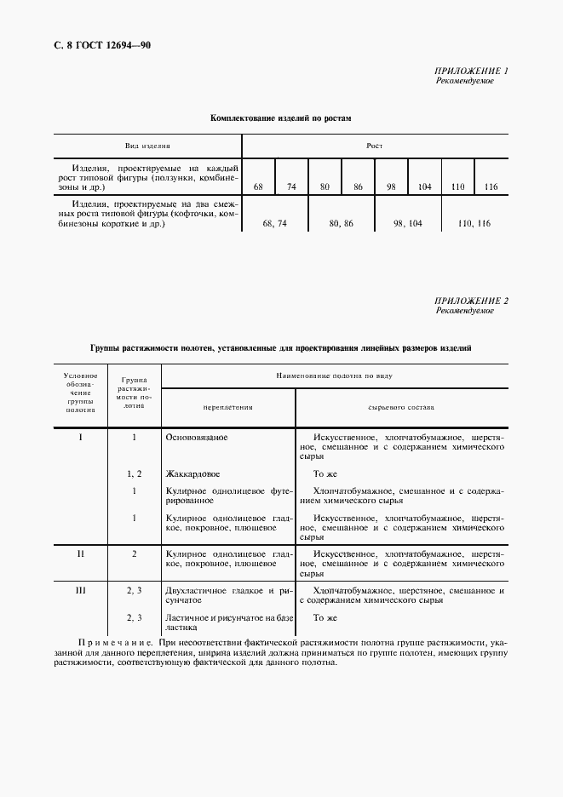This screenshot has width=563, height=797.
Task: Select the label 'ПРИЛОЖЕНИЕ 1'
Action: click(x=471, y=71)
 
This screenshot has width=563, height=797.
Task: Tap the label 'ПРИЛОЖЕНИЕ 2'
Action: click(x=471, y=301)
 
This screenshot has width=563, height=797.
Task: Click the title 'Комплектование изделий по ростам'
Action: click(x=281, y=118)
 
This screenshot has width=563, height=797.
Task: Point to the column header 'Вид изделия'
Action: click(x=149, y=146)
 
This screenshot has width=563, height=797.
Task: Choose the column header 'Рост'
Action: click(x=374, y=146)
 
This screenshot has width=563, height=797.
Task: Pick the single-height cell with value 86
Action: click(x=358, y=186)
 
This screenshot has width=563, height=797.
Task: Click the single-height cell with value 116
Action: click(x=491, y=186)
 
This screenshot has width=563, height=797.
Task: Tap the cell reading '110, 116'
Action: click(x=474, y=223)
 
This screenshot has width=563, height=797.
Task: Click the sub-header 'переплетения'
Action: click(x=227, y=407)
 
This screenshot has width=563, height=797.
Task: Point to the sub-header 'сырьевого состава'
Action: click(x=401, y=407)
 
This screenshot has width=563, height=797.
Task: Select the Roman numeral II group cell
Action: click(x=81, y=553)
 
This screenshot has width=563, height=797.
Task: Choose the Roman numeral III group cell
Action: click(x=81, y=590)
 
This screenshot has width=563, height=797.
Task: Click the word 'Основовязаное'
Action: click(x=197, y=437)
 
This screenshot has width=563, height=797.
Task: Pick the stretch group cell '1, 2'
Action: click(x=135, y=473)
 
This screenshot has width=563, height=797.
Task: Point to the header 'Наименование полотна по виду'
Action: click(x=333, y=376)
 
